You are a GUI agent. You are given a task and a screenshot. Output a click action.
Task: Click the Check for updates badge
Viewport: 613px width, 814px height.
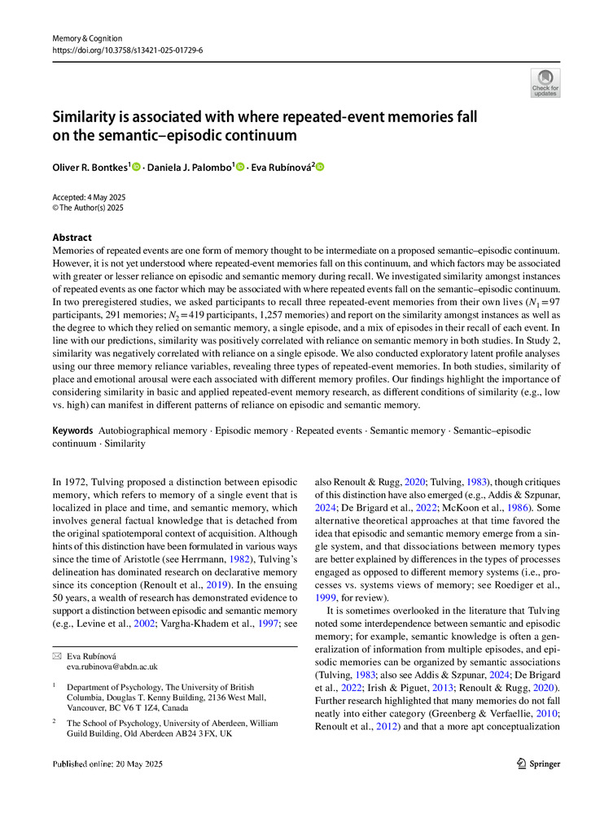pos(545,83)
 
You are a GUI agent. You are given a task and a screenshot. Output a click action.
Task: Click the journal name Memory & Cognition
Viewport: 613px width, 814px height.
pos(87,38)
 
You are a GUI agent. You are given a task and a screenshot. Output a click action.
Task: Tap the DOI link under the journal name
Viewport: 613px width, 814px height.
pos(128,50)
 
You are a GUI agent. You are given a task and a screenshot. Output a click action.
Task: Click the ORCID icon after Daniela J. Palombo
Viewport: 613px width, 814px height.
pos(240,168)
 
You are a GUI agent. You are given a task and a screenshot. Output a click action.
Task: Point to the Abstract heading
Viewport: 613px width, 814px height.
pos(72,238)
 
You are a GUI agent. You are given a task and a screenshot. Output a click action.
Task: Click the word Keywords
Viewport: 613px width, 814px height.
pos(72,428)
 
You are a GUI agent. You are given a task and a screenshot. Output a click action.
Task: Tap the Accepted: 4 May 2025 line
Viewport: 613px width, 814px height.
pos(90,198)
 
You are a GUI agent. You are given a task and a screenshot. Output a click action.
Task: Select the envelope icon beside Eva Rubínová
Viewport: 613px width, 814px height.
pos(56,654)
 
